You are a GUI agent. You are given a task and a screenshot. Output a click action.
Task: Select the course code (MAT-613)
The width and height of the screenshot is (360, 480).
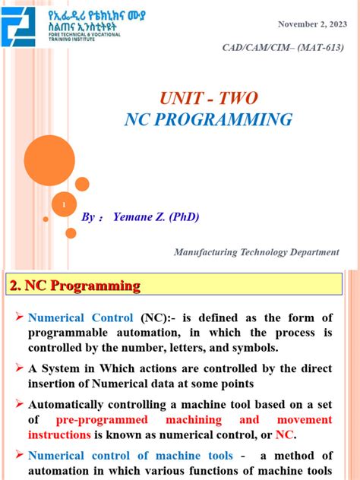point(313,49)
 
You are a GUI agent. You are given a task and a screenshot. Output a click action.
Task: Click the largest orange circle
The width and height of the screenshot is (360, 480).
point(49,160)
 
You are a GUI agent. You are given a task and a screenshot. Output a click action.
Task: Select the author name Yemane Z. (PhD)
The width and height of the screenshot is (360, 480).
point(156,217)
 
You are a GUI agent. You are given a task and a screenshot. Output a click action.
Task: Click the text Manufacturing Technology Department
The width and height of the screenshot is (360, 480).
point(256,252)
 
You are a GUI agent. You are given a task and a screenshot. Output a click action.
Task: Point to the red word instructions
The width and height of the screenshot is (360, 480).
point(59,435)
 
